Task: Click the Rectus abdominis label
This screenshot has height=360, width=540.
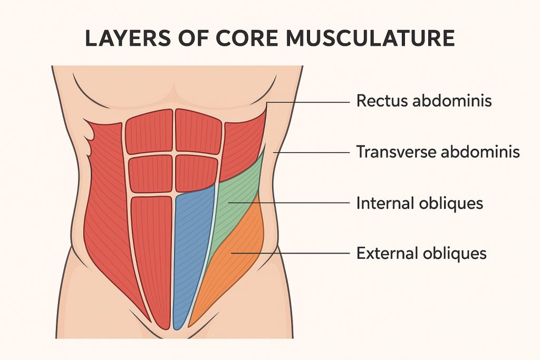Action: (x=424, y=101)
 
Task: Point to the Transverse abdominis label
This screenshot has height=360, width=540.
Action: (x=438, y=152)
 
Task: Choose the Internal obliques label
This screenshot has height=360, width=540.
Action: (x=419, y=202)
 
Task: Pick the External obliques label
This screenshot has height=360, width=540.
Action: (x=421, y=254)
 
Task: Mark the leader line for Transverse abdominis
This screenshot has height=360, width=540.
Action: (x=311, y=152)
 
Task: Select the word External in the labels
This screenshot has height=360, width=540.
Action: (x=387, y=254)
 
